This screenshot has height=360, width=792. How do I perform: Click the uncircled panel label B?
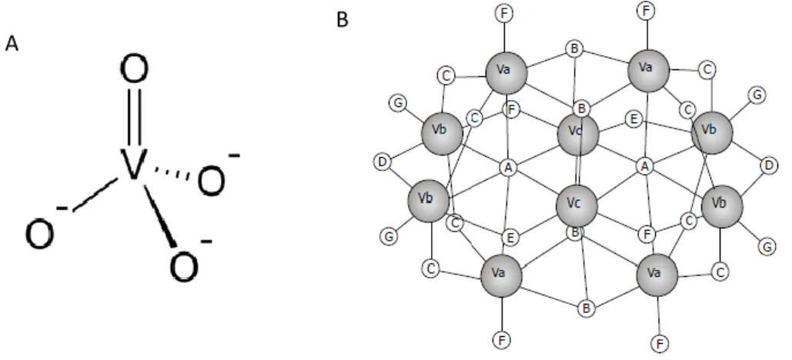click(x=342, y=20)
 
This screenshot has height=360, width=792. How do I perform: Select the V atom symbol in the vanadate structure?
click(x=132, y=164)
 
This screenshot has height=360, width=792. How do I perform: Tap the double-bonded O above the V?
click(x=135, y=70)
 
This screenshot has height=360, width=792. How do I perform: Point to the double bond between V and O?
click(x=135, y=117)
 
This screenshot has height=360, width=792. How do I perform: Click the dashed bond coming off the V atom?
click(x=172, y=172)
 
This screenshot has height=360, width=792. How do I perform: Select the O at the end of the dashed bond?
click(x=211, y=182)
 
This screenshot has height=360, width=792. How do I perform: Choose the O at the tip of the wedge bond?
click(x=184, y=268)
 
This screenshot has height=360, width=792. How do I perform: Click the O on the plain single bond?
click(x=40, y=235)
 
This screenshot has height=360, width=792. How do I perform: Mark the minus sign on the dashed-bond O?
click(x=234, y=155)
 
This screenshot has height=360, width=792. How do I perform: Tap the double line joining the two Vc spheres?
click(x=579, y=170)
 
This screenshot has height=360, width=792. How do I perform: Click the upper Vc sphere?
click(x=578, y=134)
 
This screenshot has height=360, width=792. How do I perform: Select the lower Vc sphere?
click(x=576, y=205)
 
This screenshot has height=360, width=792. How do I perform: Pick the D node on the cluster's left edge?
click(x=383, y=162)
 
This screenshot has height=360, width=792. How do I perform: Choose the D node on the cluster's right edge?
click(x=769, y=165)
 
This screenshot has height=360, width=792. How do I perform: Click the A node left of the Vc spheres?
click(x=508, y=168)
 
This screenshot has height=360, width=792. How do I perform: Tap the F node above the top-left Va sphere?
click(x=504, y=14)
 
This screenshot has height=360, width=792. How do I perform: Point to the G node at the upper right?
click(x=757, y=95)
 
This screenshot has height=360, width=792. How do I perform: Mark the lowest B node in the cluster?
click(x=586, y=308)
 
